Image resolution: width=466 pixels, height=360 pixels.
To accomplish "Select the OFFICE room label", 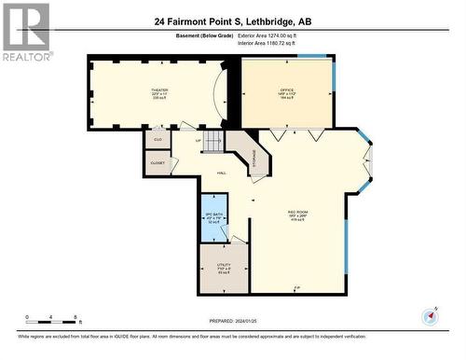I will pos(287,90).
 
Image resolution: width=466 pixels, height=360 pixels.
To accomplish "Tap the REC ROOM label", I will pos(298,213).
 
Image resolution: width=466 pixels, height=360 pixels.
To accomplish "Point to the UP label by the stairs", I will pos(197,141).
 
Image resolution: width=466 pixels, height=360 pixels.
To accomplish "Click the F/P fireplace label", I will pos(297,286).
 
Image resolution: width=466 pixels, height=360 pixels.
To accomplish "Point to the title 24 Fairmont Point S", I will pos(233,20).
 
